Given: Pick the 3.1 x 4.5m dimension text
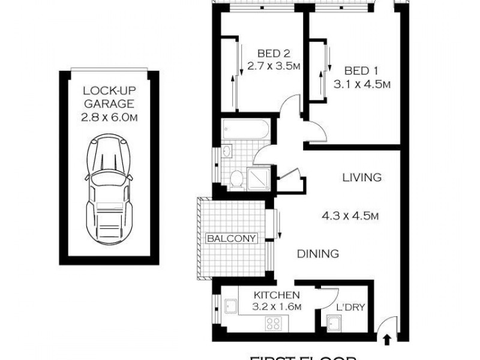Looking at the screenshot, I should pyautogui.click(x=362, y=85).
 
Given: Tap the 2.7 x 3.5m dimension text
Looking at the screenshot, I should pyautogui.click(x=274, y=66).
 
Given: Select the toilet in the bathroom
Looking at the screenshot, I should pyautogui.click(x=237, y=177).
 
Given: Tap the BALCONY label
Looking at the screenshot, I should pyautogui.click(x=232, y=238).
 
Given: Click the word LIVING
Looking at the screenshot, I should pyautogui.click(x=362, y=178).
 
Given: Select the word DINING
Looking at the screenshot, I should pyautogui.click(x=318, y=254).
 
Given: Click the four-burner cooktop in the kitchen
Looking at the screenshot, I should pyautogui.click(x=274, y=324).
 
